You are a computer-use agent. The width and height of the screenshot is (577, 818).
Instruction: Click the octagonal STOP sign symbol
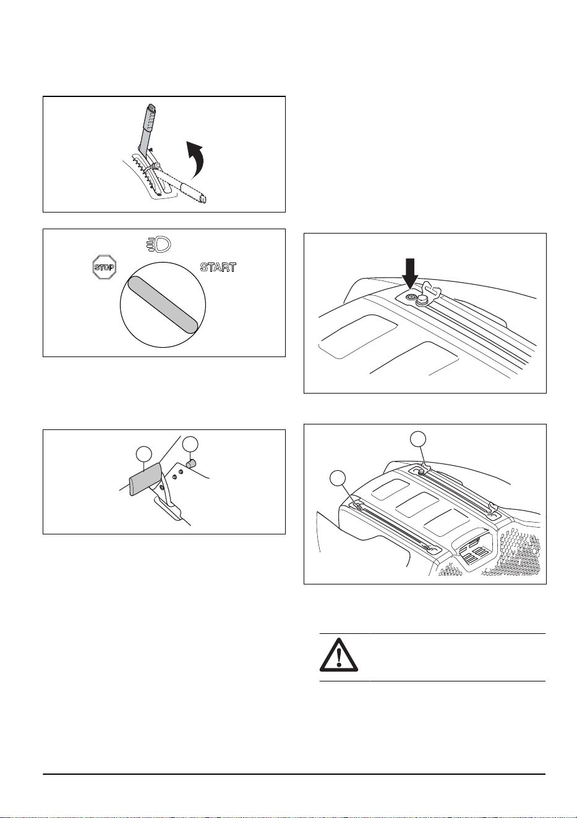pyautogui.click(x=104, y=267)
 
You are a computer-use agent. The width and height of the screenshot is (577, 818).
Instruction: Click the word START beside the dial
pyautogui.click(x=218, y=268)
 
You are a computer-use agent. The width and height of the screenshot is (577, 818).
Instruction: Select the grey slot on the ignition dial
pyautogui.click(x=163, y=305)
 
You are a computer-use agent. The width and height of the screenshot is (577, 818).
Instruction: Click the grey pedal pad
pyautogui.click(x=145, y=479)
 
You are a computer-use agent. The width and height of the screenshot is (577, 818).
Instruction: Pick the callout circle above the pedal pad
pyautogui.click(x=144, y=454)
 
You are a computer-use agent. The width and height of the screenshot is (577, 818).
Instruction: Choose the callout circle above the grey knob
pyautogui.click(x=190, y=444)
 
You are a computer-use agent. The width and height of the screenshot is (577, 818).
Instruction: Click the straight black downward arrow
pyautogui.click(x=411, y=274)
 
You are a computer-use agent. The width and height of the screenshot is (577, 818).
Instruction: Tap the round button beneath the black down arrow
pyautogui.click(x=411, y=297)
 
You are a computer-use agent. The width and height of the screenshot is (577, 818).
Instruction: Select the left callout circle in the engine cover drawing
pyautogui.click(x=338, y=479)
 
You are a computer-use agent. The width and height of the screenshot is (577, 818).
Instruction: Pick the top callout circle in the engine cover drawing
pyautogui.click(x=418, y=439)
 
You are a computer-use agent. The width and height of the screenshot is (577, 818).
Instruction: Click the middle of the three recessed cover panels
pyautogui.click(x=417, y=504)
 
